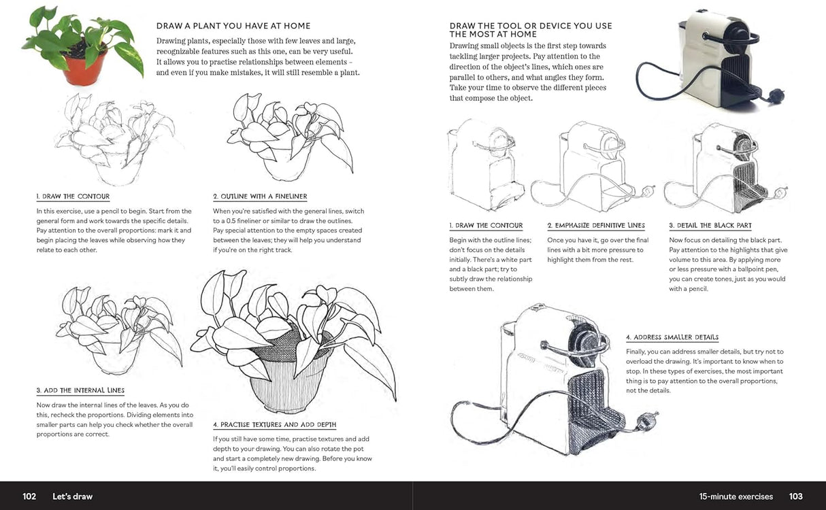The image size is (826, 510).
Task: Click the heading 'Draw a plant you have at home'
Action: pos(233,27)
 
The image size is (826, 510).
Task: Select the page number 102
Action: pos(29,496)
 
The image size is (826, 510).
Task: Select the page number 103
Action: pos(796,496)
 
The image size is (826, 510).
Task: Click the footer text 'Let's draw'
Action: pos(73,496)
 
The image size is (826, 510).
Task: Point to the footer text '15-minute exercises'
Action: pos(736,496)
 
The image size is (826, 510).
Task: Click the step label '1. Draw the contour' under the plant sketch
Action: pos(73,197)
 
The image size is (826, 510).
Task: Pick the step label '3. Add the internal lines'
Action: pos(80,390)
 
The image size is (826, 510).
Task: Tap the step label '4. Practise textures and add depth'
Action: pos(274,424)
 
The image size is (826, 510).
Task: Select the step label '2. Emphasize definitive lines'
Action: pos(596,225)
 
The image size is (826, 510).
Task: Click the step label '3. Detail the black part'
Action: pos(710,225)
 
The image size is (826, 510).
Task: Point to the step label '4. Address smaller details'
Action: pos(672,337)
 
